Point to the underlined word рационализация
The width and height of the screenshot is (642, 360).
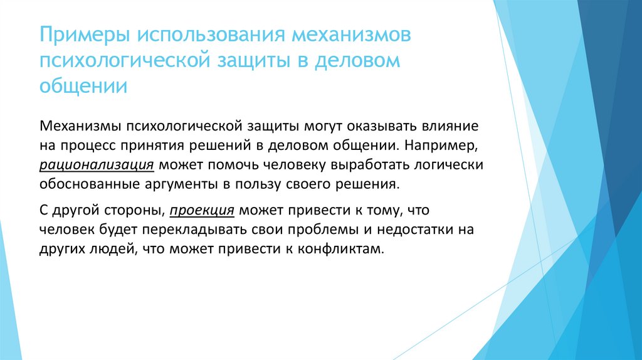tap(97, 166)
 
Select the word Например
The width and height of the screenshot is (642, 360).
tap(443, 146)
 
